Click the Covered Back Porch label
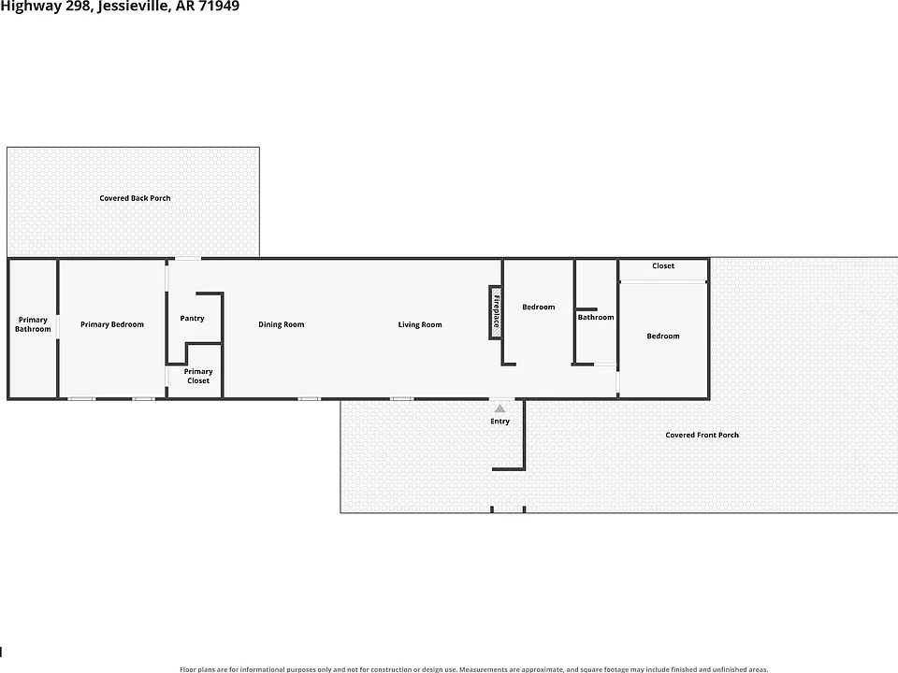pos(135,198)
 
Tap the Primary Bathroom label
pos(33,324)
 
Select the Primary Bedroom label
pos(112,324)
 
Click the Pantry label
pos(192,318)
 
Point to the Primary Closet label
pos(198,376)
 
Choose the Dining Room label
pos(282,324)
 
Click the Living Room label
pos(420,324)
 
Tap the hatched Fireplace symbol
pos(496,312)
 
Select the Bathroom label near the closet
pos(596,317)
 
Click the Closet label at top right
pos(663,265)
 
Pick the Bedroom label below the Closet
pos(663,336)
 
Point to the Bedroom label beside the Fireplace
pos(539,307)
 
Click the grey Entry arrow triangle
pos(500,408)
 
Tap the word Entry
pos(500,422)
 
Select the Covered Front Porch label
pos(702,435)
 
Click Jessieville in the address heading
pos(134,7)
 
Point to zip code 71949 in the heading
pos(219,7)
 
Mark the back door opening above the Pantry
pos(188,259)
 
